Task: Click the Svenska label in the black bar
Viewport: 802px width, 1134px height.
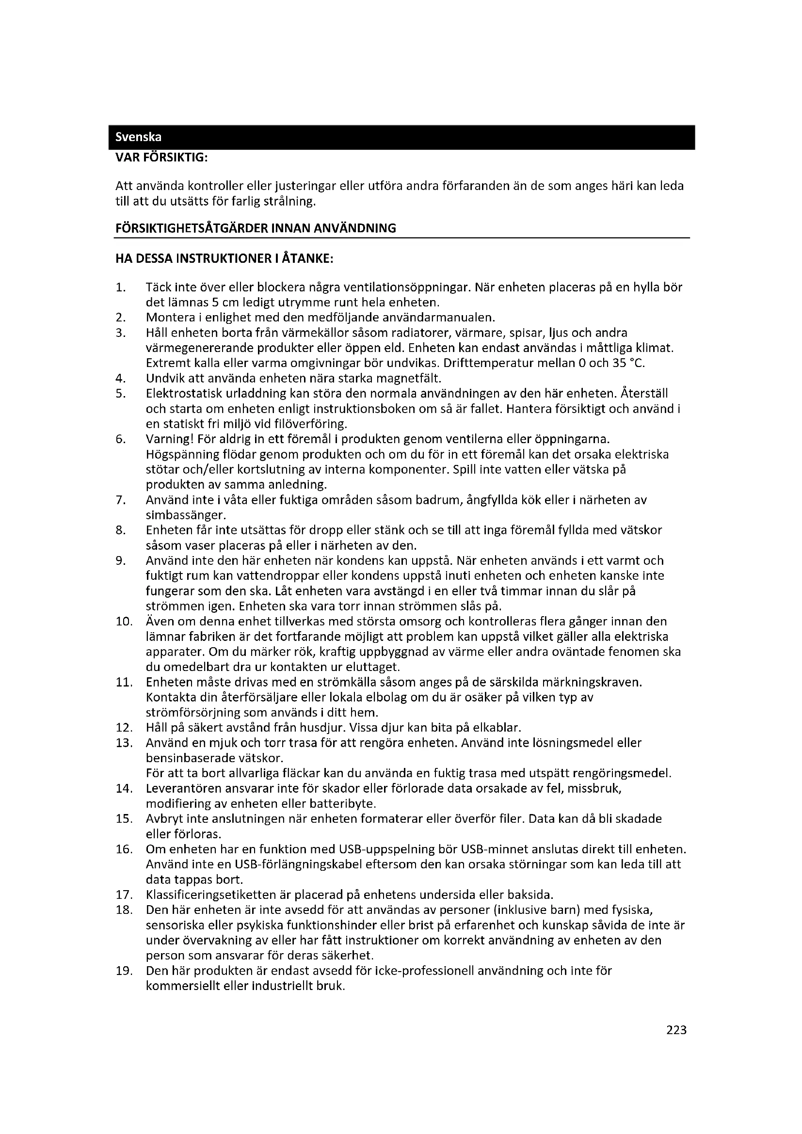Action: pyautogui.click(x=138, y=137)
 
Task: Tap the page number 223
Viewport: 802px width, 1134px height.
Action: pyautogui.click(x=676, y=1030)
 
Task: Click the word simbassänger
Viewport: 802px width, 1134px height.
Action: pyautogui.click(x=186, y=515)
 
